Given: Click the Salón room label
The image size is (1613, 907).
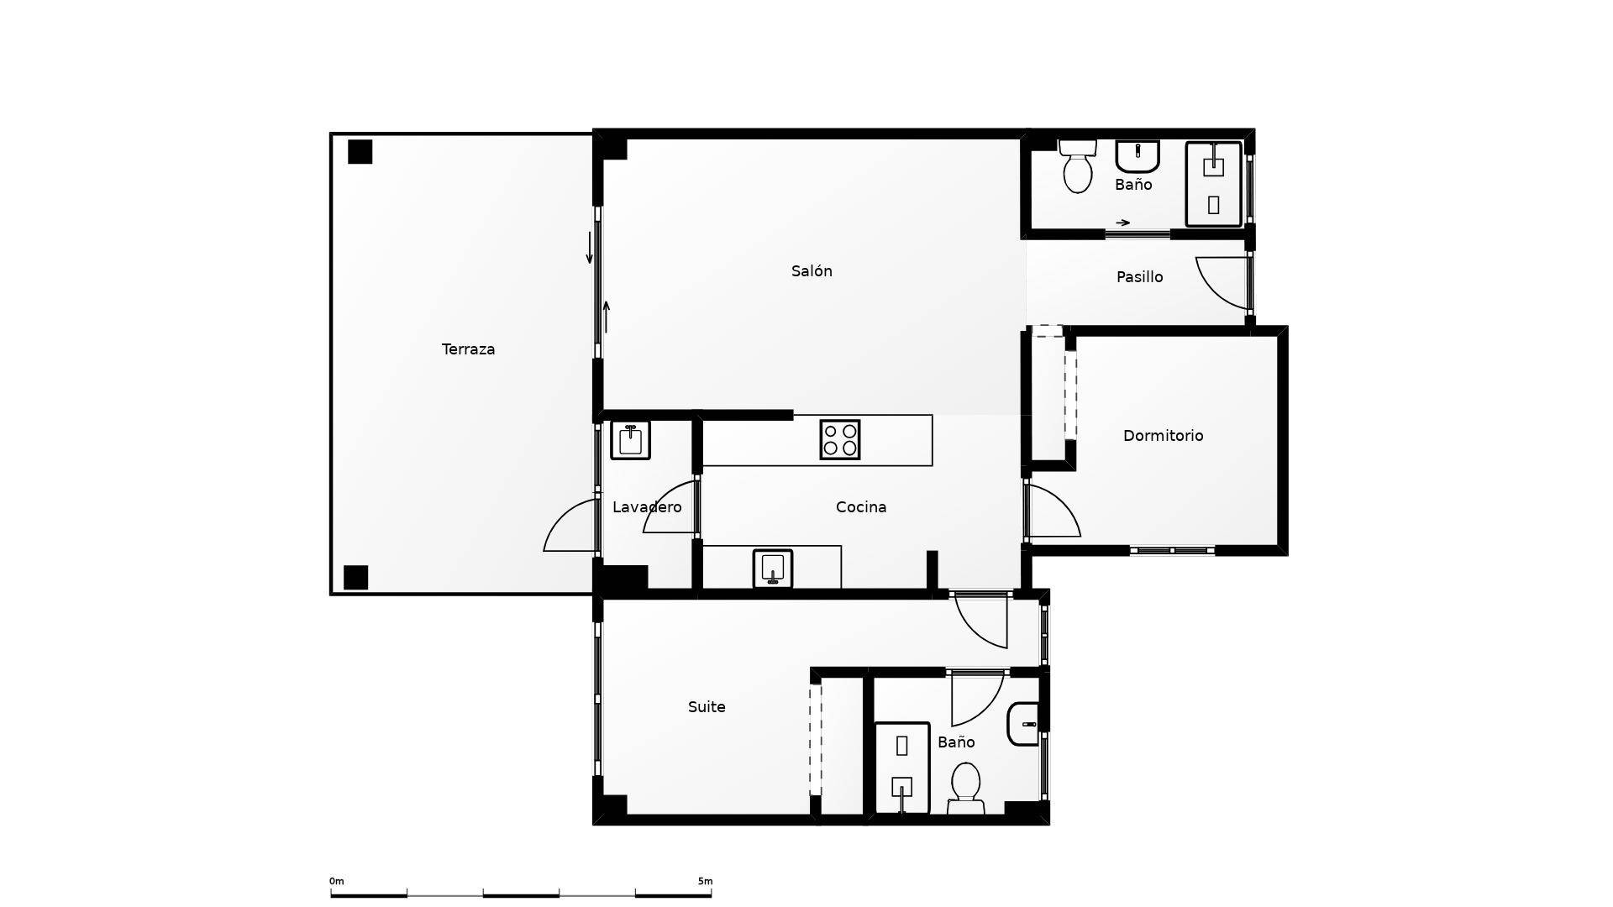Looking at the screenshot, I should [812, 271].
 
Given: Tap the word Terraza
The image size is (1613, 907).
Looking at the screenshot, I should [468, 349].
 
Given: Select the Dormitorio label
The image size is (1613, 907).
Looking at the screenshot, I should [1163, 436].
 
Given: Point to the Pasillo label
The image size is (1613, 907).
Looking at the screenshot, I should [1139, 277].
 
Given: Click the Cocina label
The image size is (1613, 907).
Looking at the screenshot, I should [861, 507].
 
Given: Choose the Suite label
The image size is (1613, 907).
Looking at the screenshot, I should [707, 707].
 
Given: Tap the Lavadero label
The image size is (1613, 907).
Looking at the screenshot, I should [647, 507].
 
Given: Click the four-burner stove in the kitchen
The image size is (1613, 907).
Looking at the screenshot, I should [840, 439].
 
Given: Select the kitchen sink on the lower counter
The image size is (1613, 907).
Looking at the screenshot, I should [773, 569].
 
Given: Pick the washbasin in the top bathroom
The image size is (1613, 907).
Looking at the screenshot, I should [1138, 155].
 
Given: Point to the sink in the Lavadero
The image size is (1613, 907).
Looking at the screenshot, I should [630, 440].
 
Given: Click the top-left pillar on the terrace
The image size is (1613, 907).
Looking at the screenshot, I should [360, 152].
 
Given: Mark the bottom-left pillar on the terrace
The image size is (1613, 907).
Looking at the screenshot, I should [356, 578].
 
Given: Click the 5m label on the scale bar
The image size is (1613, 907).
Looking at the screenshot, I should [705, 881].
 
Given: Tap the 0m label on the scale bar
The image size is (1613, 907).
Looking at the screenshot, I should [336, 881].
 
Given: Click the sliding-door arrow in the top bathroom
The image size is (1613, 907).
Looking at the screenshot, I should [1122, 223].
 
